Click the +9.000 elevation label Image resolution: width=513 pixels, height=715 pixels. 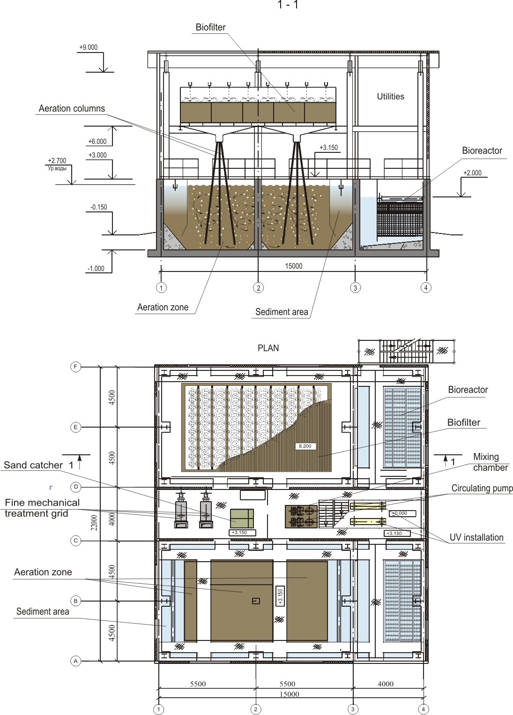click(x=89, y=47)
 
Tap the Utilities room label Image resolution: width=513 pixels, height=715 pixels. click(x=391, y=97)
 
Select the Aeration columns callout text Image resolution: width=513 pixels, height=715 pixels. click(x=72, y=108)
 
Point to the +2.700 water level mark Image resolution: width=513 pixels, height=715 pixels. click(x=57, y=160)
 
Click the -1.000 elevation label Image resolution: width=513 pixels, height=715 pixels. click(x=96, y=269)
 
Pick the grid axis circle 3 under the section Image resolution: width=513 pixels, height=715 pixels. click(x=356, y=287)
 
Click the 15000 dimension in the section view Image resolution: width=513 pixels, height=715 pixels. click(x=293, y=266)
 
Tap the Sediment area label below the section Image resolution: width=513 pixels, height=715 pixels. click(x=282, y=312)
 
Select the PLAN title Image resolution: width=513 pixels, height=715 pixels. click(x=268, y=348)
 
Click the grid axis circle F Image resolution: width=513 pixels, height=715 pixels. click(x=75, y=367)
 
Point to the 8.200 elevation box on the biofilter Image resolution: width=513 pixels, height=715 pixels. click(x=305, y=446)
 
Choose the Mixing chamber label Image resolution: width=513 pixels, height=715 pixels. click(x=490, y=462)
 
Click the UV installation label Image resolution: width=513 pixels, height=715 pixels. click(x=476, y=537)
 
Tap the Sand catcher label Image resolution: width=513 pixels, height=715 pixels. click(x=33, y=465)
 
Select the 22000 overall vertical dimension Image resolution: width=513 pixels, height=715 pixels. click(x=94, y=522)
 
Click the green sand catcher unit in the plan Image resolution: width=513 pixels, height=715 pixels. click(x=242, y=519)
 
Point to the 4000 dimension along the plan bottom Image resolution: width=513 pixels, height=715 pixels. click(x=386, y=684)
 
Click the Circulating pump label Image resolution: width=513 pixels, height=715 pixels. click(x=482, y=488)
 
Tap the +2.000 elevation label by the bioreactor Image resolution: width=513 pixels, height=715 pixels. click(x=472, y=173)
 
